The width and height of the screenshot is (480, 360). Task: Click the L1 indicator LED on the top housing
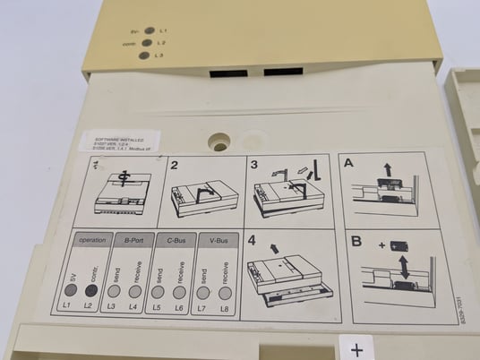[149, 30]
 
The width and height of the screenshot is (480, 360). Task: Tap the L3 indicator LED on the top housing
[143, 56]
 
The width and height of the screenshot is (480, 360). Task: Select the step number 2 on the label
[175, 166]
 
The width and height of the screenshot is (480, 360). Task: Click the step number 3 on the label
[253, 165]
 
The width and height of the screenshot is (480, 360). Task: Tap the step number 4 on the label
[253, 240]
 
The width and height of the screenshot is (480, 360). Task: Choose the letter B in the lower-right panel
[356, 242]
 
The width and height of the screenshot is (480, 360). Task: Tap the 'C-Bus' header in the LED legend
[176, 241]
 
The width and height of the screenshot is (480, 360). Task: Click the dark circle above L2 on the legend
[90, 290]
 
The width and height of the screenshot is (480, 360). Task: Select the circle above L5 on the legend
[158, 291]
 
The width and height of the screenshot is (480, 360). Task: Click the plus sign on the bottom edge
[356, 349]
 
